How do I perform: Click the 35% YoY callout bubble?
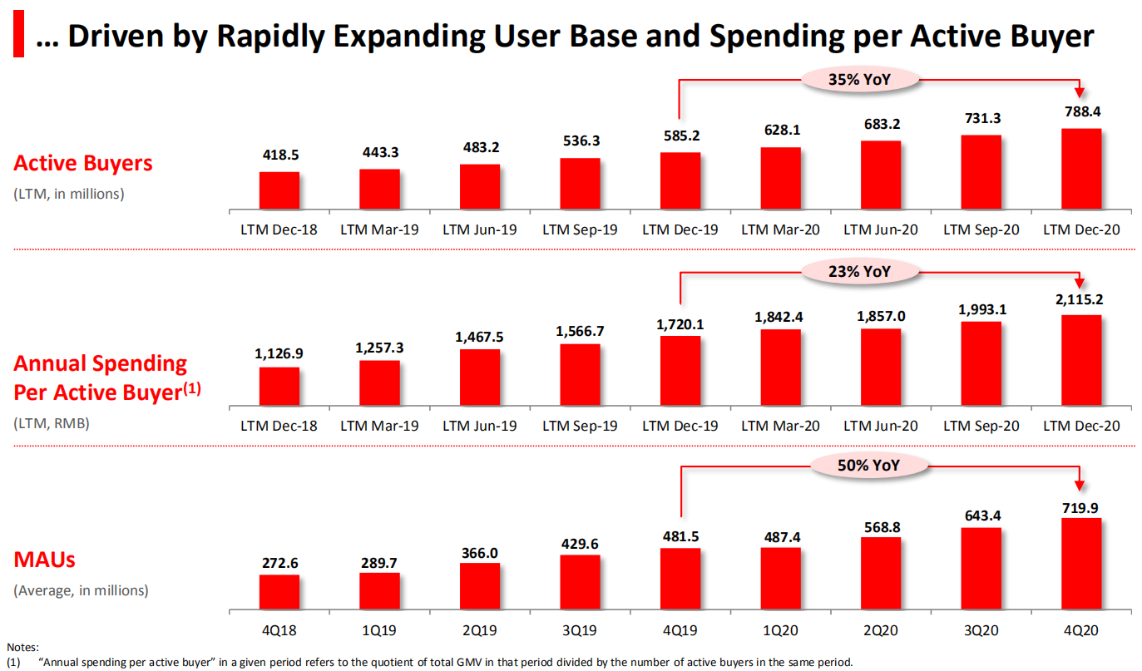(861, 79)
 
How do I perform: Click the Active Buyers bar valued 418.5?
(279, 190)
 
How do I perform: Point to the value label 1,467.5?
(480, 337)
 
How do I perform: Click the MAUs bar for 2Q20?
(881, 573)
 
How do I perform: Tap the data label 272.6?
(279, 562)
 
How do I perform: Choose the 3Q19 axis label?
(580, 632)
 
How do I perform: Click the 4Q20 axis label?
(1081, 632)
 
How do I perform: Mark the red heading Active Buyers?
(83, 163)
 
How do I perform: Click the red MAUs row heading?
(45, 560)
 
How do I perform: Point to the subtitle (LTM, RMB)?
(52, 422)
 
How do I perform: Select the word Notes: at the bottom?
(22, 647)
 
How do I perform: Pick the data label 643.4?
(981, 516)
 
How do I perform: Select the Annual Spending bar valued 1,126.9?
(279, 388)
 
